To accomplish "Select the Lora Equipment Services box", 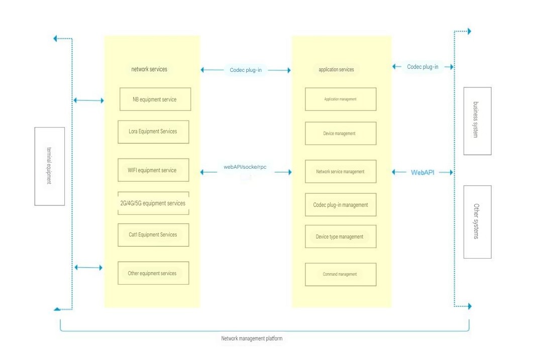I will [x=153, y=132].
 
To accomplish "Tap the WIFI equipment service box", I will [x=153, y=170].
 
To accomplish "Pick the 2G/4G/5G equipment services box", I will [x=153, y=203].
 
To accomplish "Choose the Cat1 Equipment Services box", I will [x=153, y=234].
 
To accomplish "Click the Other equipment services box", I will [x=153, y=273].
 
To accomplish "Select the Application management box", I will [x=340, y=99].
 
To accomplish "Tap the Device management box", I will [x=340, y=134].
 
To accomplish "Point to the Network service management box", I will [x=340, y=172].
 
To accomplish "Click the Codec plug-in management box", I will [x=340, y=205].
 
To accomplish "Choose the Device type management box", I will [x=340, y=236].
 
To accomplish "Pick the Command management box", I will [x=340, y=274].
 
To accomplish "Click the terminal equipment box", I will [x=50, y=166].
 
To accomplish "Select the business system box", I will [x=477, y=121].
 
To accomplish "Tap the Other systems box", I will [x=477, y=222].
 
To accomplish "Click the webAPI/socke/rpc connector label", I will [x=245, y=167].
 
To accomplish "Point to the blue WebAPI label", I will [x=422, y=172].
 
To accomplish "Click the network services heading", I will [x=149, y=69].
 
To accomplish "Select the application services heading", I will [x=336, y=69].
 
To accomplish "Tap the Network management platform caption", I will [x=252, y=338].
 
